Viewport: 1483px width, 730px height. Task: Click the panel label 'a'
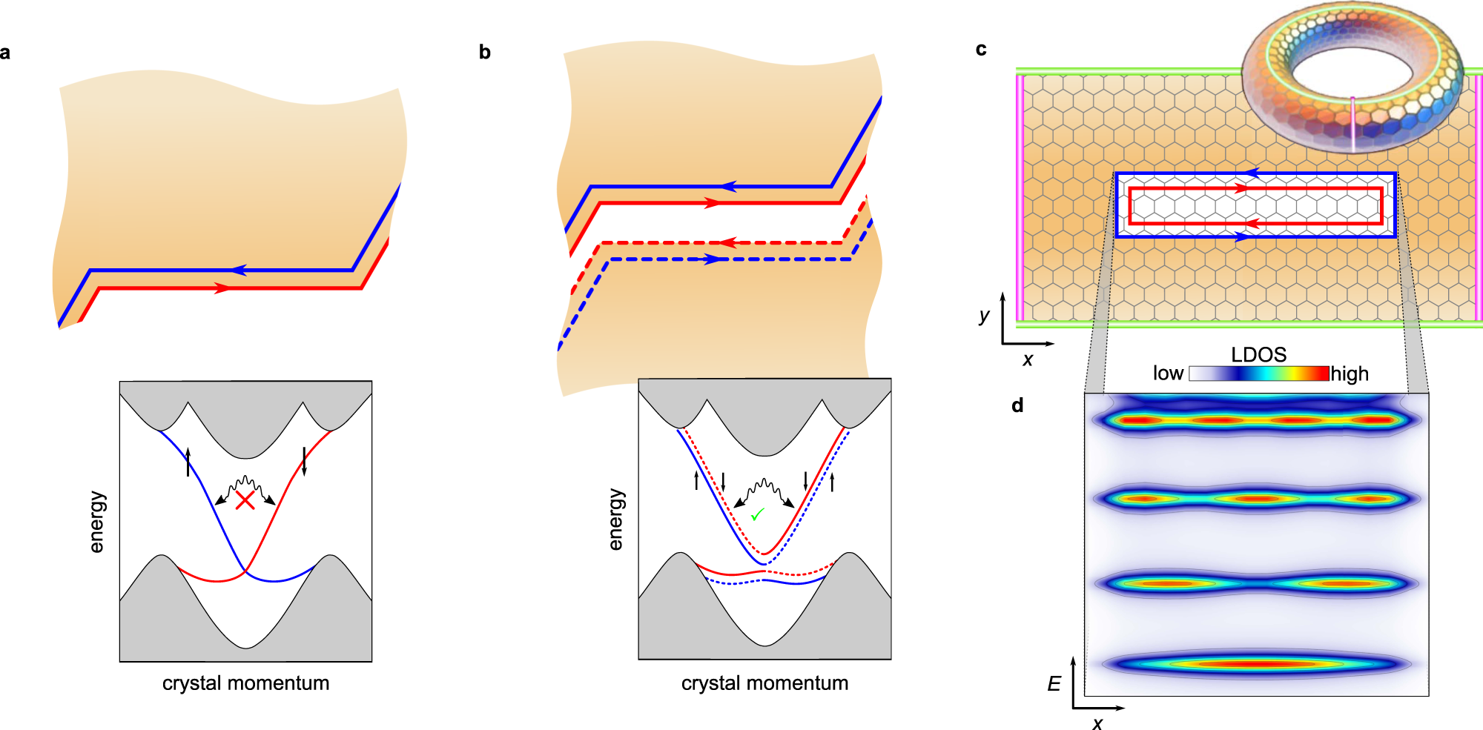tap(5, 53)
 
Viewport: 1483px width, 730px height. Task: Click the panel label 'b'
tap(484, 52)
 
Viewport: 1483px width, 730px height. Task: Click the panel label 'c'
tap(981, 50)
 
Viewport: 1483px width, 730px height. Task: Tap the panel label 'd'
tap(1017, 405)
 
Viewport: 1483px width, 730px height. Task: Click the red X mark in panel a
tap(245, 500)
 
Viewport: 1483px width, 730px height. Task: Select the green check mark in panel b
tap(757, 514)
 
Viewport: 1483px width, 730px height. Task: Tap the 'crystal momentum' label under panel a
tap(245, 683)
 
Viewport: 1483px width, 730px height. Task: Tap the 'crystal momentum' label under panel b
tap(764, 683)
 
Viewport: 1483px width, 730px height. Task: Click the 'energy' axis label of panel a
tap(96, 522)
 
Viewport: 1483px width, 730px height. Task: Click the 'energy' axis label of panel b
tap(615, 520)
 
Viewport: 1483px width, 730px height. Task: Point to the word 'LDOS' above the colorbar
tap(1258, 354)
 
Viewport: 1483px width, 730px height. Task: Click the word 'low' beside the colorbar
tap(1168, 374)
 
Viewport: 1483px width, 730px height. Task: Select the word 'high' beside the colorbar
tap(1350, 374)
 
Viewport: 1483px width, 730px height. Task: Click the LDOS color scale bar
tap(1258, 374)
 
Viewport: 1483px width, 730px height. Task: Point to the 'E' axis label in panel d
tap(1054, 684)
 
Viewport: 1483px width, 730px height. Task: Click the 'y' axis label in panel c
tap(984, 316)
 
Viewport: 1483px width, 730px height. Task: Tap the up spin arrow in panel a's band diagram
tap(188, 462)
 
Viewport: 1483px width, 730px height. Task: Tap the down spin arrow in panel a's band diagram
tap(304, 461)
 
